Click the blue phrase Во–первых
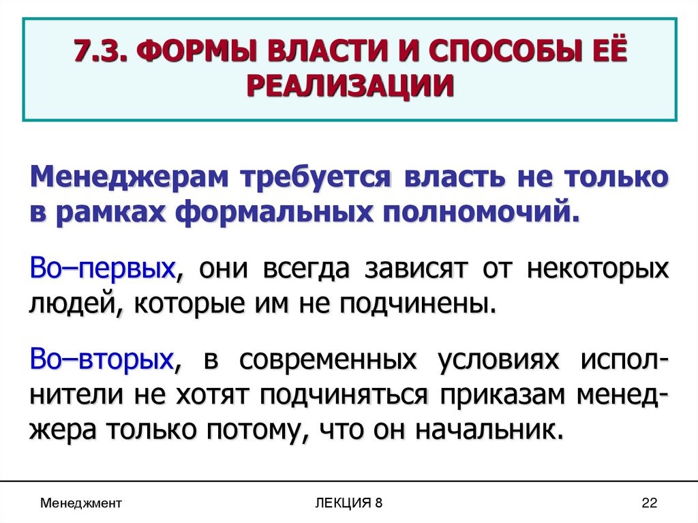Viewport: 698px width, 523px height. point(102,267)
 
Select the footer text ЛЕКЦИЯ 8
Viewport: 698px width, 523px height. point(349,503)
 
